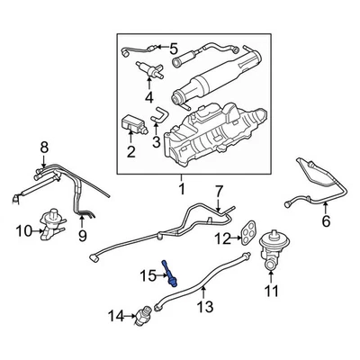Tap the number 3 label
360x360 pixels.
(x=156, y=141)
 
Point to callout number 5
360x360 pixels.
(x=173, y=47)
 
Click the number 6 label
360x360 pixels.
(x=326, y=221)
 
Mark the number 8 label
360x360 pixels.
(x=42, y=147)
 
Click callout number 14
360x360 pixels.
(x=114, y=315)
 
